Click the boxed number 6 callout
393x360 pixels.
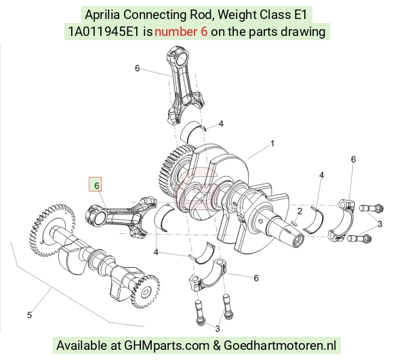pos(96,184)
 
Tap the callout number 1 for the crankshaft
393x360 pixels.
pos(272,144)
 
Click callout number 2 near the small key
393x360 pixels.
pos(299,212)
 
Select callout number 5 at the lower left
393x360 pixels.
pos(30,315)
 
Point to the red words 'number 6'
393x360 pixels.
pos(181,32)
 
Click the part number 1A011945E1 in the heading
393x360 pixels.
pos(104,32)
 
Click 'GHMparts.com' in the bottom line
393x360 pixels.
pos(167,346)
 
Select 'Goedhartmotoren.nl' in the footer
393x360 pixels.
pos(280,346)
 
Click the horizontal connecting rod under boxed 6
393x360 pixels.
pos(121,216)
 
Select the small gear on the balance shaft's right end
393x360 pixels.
pos(146,292)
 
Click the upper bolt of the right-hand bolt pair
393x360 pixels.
pos(371,208)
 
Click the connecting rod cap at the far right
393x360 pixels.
pos(342,219)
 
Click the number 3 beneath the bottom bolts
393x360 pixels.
pos(218,328)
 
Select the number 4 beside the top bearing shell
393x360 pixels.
pos(221,123)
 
